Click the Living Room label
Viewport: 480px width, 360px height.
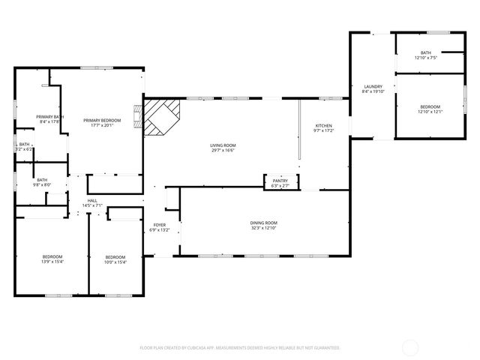pos(222,145)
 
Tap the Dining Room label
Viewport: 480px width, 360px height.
pos(264,223)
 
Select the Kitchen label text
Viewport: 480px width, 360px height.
pos(323,125)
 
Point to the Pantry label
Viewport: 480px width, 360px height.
pos(280,181)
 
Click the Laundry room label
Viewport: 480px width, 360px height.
pos(373,86)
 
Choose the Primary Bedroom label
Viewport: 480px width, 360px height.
pos(102,121)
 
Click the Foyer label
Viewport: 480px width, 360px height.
pos(160,225)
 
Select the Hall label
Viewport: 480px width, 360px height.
pos(92,200)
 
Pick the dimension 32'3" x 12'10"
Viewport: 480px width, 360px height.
pos(264,228)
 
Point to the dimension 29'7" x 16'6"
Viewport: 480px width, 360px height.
pos(222,150)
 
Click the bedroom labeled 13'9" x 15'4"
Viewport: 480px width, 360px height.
pos(52,259)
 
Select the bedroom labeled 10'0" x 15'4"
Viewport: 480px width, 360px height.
pos(115,259)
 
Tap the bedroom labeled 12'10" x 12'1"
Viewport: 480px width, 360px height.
pos(430,109)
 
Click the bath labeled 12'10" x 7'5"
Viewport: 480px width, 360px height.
pos(430,55)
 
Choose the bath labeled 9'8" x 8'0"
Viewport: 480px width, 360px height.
pos(42,182)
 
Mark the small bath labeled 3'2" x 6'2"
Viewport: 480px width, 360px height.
pos(24,147)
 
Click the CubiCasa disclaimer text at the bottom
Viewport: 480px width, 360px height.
pos(240,348)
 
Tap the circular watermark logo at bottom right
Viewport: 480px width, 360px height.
pos(411,347)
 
